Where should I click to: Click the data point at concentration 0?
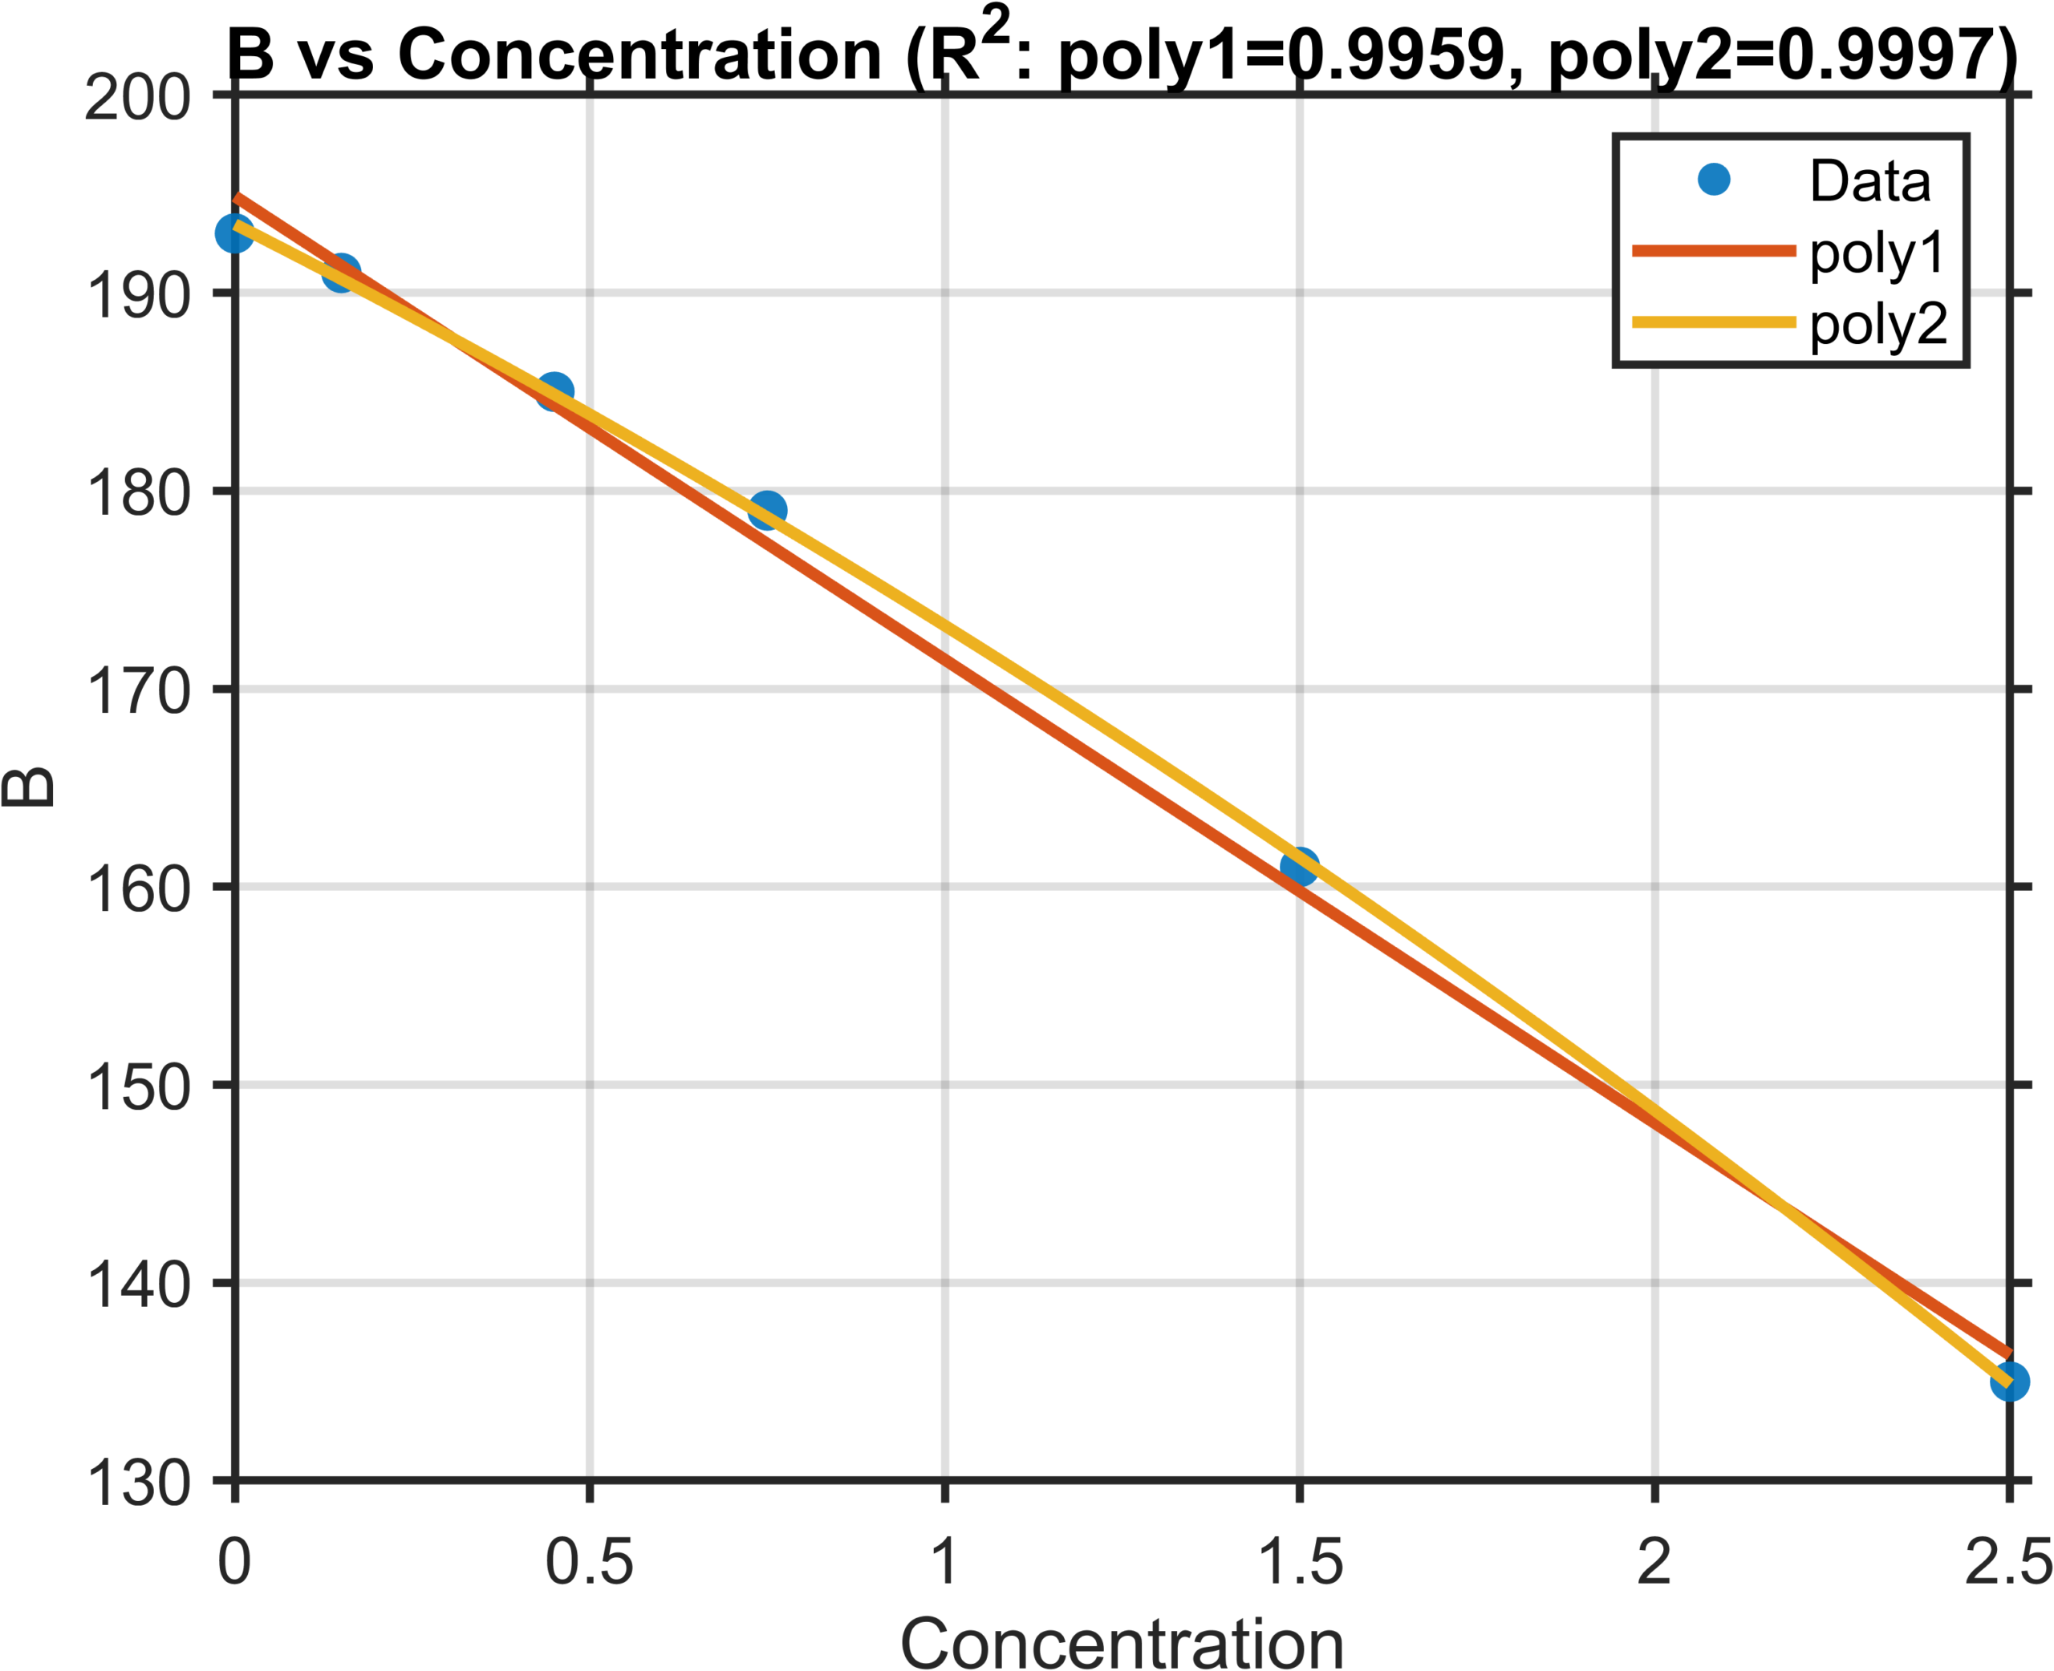235,233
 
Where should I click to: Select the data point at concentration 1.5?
1299,866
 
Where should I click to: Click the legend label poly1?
1877,254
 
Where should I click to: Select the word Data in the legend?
1870,181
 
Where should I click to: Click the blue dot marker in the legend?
1714,179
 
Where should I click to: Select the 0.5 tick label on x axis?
590,1561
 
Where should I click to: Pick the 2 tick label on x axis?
1654,1561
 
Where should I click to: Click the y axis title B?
29,787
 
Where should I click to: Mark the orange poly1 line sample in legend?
1714,251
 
